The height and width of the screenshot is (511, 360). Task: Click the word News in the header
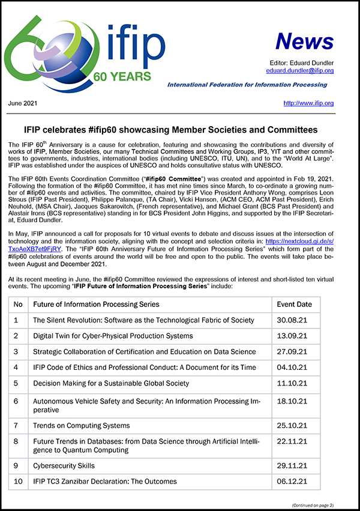click(x=304, y=41)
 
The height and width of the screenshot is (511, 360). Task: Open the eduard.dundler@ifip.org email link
click(x=300, y=71)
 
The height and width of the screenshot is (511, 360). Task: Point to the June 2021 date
click(x=23, y=103)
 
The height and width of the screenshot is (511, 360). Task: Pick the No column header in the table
click(x=18, y=304)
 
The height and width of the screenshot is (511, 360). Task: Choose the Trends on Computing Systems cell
click(x=81, y=426)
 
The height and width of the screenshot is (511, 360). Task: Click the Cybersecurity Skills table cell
click(x=64, y=465)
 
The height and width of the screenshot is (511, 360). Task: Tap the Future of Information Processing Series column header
click(x=95, y=304)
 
